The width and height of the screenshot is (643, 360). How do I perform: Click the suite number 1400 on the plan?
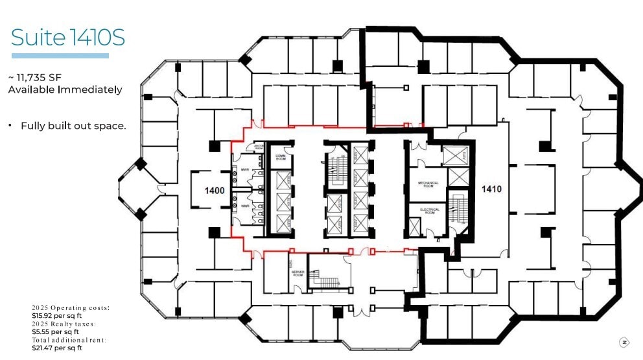tap(215, 191)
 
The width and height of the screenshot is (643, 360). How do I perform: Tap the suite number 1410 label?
tap(491, 189)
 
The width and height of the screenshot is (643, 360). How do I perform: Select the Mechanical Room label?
tap(428, 185)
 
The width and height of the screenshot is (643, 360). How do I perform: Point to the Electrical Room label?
tap(430, 211)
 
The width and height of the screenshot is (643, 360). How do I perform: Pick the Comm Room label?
tap(281, 157)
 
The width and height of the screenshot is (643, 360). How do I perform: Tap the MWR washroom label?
tap(245, 170)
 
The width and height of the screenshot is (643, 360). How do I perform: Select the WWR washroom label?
tap(245, 206)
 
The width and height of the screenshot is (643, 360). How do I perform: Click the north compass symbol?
tap(624, 342)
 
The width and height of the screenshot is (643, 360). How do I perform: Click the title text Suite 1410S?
tap(68, 38)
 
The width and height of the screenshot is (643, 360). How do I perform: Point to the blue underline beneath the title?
tap(60, 56)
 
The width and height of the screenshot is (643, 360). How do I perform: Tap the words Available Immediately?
tap(65, 90)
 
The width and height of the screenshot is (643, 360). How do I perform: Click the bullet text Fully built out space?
tap(73, 126)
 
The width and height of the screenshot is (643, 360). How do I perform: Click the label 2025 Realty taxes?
tap(64, 324)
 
